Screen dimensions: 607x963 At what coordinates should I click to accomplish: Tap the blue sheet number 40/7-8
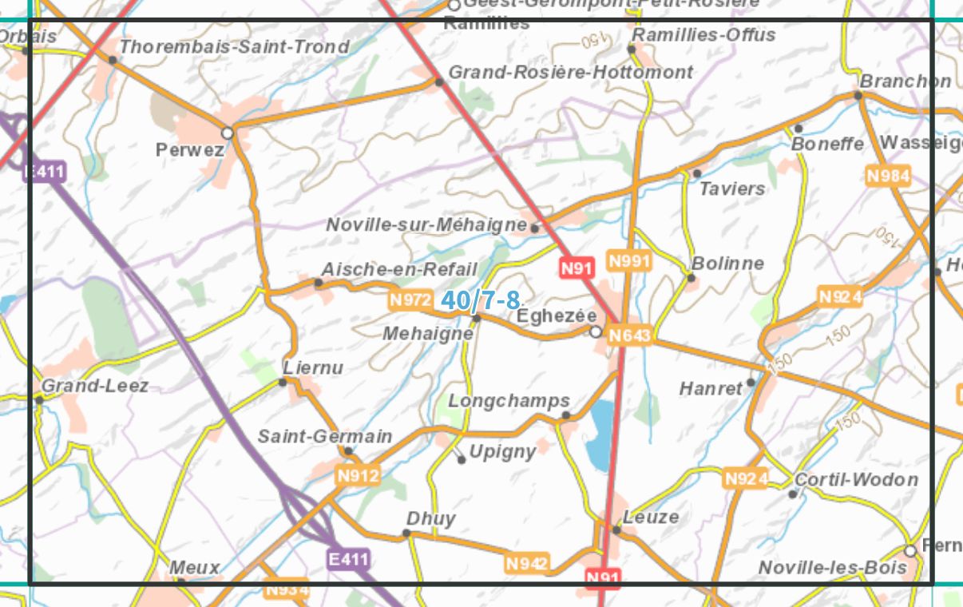480,301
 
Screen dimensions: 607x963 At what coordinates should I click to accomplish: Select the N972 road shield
410,300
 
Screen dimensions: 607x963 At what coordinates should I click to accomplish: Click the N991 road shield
629,261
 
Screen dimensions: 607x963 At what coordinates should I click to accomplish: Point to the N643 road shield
629,335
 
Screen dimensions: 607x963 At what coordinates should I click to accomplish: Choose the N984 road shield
888,176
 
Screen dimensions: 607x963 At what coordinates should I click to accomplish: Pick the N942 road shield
527,564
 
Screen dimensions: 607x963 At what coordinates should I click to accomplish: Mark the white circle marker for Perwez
228,133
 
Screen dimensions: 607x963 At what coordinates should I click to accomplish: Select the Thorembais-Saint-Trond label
234,46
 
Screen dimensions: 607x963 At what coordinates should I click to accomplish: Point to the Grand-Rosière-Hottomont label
570,72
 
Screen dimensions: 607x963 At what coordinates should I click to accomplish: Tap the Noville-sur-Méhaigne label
426,225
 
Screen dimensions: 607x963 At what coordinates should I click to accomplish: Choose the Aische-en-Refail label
399,269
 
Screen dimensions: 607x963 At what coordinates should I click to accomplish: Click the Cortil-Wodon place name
856,479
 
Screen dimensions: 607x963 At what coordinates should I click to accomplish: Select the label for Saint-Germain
325,436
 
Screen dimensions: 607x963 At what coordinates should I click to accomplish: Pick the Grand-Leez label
94,386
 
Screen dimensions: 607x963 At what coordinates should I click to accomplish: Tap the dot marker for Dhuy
406,534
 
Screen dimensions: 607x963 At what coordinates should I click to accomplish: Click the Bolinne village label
727,263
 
